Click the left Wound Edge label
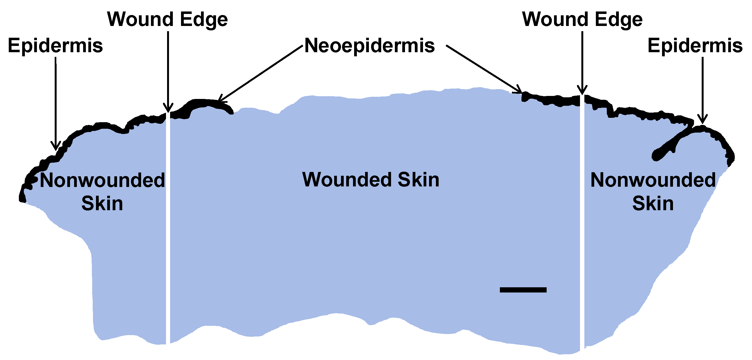[x=167, y=20]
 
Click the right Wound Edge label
[x=582, y=20]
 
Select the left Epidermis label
[x=55, y=46]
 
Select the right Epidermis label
[x=695, y=46]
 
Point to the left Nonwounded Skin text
[x=102, y=191]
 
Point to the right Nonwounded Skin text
[x=653, y=191]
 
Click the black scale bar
[x=523, y=290]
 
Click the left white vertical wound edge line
[x=168, y=233]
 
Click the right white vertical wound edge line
[x=582, y=233]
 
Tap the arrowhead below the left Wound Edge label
[x=168, y=108]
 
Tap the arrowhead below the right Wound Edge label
[x=582, y=90]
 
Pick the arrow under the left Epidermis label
[x=56, y=102]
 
